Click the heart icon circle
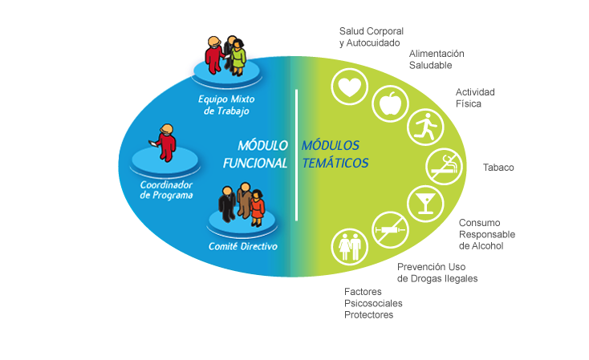click(x=349, y=87)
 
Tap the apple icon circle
click(x=390, y=103)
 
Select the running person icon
click(x=425, y=127)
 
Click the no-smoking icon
click(x=444, y=167)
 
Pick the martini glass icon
click(x=425, y=204)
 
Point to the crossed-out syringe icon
click(x=390, y=230)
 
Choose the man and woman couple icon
click(x=349, y=247)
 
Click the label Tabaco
click(x=498, y=168)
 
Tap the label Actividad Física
click(x=475, y=98)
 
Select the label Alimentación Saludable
click(x=437, y=59)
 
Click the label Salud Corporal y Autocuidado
click(x=371, y=37)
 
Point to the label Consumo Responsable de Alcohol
click(x=487, y=234)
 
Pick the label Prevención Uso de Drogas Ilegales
click(x=437, y=273)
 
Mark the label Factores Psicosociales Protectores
click(x=373, y=303)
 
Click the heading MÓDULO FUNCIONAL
click(x=255, y=154)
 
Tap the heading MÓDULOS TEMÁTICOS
click(x=335, y=154)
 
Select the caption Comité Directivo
click(x=243, y=246)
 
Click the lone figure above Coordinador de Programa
click(x=165, y=143)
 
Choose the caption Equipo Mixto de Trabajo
click(x=226, y=105)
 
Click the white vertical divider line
click(x=296, y=155)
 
